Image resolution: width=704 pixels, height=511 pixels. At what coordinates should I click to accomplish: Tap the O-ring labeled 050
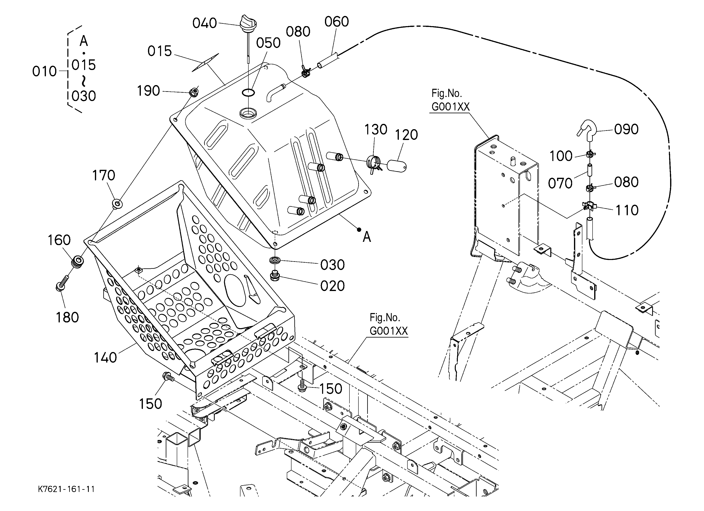pos(248,92)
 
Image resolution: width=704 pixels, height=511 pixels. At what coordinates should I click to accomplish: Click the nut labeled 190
pos(194,92)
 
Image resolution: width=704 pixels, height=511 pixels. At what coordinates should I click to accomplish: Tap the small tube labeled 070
pos(589,170)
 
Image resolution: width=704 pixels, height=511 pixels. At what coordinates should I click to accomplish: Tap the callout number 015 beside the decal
pos(160,51)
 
